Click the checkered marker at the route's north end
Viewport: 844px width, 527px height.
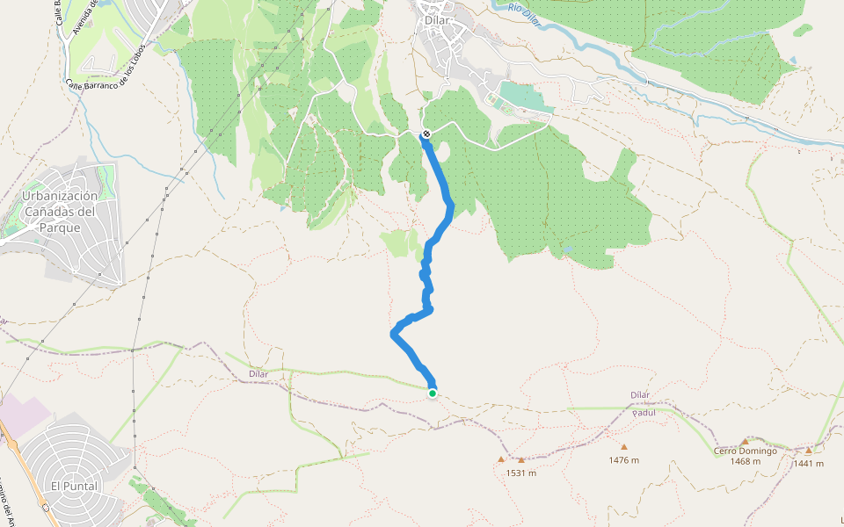426,134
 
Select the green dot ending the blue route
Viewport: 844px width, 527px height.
433,393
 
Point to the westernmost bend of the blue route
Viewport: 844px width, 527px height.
392,333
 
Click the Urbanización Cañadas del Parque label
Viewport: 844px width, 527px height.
59,212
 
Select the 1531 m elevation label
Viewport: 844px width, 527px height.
520,473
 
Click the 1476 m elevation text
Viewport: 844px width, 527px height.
623,460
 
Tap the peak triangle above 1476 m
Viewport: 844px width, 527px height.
624,447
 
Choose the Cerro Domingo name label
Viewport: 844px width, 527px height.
745,451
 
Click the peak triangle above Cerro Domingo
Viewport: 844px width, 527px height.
745,441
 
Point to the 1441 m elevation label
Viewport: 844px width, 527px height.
808,464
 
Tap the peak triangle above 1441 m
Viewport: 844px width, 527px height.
809,451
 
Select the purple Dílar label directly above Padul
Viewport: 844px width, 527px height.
640,395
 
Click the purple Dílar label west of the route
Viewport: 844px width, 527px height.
258,374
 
